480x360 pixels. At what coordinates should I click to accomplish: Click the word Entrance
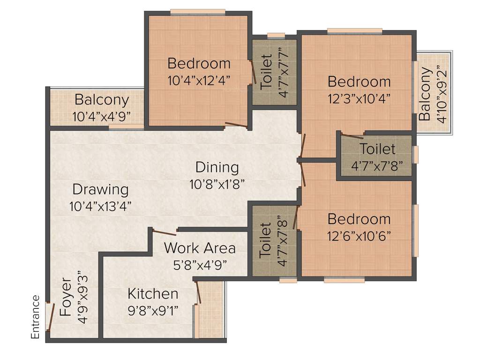click(x=36, y=317)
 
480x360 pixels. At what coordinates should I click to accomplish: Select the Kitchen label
click(x=153, y=294)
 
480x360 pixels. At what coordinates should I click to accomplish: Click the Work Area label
click(x=200, y=247)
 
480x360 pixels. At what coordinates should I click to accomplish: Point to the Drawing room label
click(x=100, y=190)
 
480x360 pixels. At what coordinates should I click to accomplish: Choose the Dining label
click(x=217, y=167)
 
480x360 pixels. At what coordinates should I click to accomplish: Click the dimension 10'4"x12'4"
click(x=199, y=80)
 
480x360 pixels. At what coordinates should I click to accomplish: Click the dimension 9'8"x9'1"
click(x=153, y=310)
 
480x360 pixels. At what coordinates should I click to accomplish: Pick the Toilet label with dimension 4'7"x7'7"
click(x=266, y=72)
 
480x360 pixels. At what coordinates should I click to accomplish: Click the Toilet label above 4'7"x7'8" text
click(x=377, y=150)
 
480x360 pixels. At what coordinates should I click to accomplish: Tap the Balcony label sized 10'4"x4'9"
click(x=101, y=100)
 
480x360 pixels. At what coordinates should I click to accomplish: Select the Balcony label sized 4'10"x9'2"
click(x=426, y=94)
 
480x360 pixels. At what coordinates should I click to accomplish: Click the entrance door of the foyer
click(x=48, y=317)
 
